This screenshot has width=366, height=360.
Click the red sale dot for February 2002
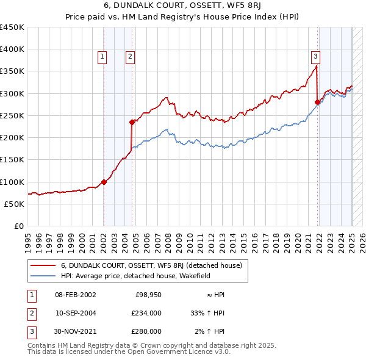click(104, 182)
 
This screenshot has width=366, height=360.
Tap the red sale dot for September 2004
click(132, 122)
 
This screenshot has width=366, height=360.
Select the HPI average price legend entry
click(135, 276)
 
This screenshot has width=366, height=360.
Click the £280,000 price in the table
click(147, 331)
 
